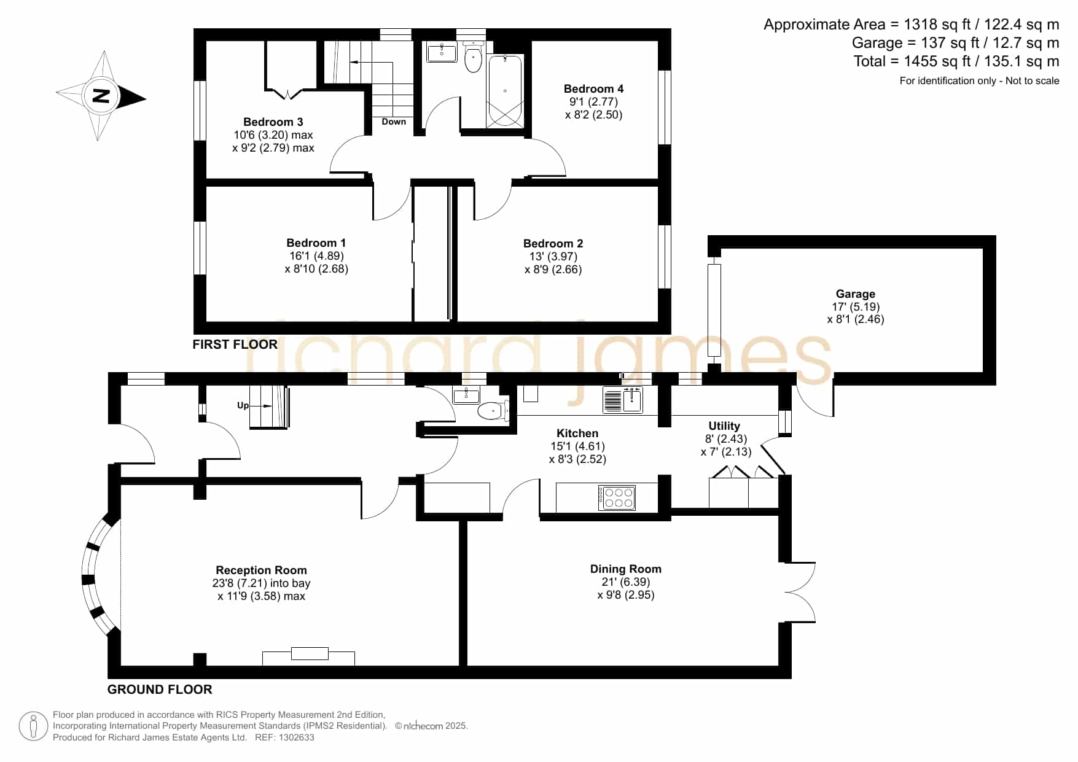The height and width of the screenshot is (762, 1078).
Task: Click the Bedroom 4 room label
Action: point(593,89)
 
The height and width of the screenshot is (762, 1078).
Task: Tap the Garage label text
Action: point(855,294)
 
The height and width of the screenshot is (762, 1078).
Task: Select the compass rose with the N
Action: point(101,96)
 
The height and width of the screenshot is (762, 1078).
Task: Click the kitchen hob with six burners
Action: point(617,497)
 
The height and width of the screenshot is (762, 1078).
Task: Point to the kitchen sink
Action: point(623,400)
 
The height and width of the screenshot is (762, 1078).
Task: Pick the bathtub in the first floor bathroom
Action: point(504,91)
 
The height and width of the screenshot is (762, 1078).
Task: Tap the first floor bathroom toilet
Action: point(473,57)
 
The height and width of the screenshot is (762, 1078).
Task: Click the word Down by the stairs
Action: point(394,122)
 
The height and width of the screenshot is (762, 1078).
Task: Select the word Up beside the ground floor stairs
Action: point(243,405)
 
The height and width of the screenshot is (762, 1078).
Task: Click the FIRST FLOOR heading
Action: point(235,344)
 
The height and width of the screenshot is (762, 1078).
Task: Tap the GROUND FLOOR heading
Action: point(160,690)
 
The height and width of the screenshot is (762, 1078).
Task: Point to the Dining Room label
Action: point(625,569)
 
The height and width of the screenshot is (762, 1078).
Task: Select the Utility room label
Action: point(724,426)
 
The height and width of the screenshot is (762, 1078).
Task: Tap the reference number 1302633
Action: point(297,737)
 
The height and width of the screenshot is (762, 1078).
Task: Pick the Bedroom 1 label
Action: point(316,243)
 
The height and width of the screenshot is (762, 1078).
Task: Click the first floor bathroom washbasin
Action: point(442,53)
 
